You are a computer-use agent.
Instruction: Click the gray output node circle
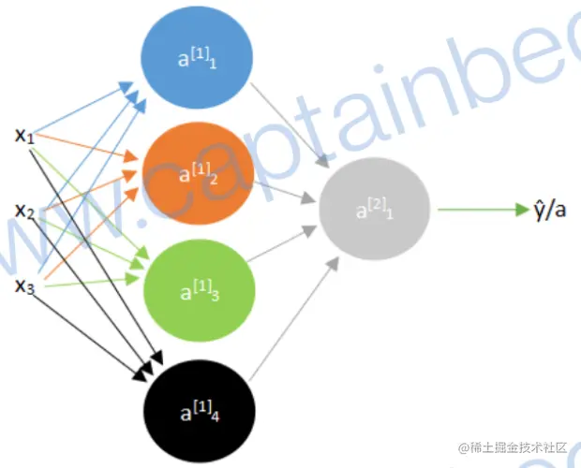(375, 212)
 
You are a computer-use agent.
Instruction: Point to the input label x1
(24, 136)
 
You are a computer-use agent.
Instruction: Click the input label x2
(24, 212)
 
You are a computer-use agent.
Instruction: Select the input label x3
(24, 285)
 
